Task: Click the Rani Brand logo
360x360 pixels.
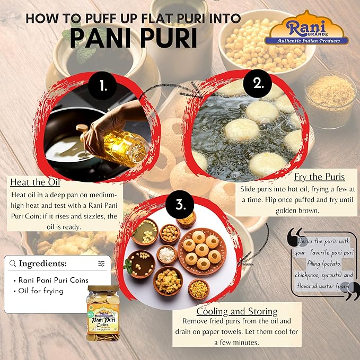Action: click(x=306, y=28)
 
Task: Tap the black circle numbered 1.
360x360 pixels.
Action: click(x=102, y=86)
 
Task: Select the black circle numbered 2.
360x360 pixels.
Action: click(x=257, y=84)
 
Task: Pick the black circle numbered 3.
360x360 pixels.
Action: click(x=180, y=204)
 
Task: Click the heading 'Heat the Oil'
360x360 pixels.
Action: click(x=35, y=182)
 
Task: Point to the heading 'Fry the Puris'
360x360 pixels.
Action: click(x=319, y=177)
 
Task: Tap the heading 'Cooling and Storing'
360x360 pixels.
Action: click(x=237, y=312)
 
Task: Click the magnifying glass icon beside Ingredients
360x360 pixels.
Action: click(x=13, y=264)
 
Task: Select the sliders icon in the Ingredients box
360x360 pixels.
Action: click(x=101, y=264)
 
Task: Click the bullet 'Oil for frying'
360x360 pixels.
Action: click(x=39, y=291)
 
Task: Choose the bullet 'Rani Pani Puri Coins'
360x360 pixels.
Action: click(x=51, y=280)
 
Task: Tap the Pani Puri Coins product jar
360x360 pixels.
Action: click(x=103, y=313)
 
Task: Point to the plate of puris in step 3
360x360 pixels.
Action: click(x=202, y=251)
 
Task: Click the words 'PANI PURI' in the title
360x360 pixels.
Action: click(x=134, y=38)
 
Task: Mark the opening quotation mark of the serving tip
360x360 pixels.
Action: click(x=296, y=236)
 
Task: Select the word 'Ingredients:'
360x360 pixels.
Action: click(x=43, y=264)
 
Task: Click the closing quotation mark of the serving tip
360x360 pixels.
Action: click(x=351, y=291)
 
